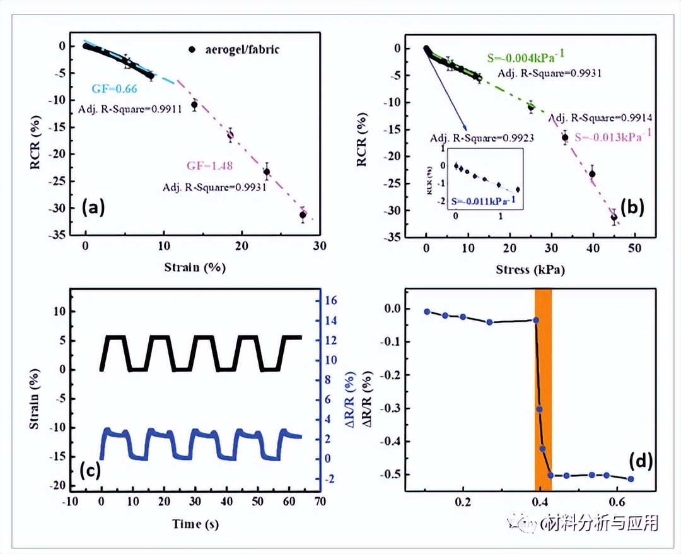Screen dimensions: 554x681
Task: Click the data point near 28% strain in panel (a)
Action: [x=303, y=215]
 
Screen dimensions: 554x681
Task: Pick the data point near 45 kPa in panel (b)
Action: [x=614, y=218]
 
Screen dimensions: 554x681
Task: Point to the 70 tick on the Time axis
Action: [x=320, y=502]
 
